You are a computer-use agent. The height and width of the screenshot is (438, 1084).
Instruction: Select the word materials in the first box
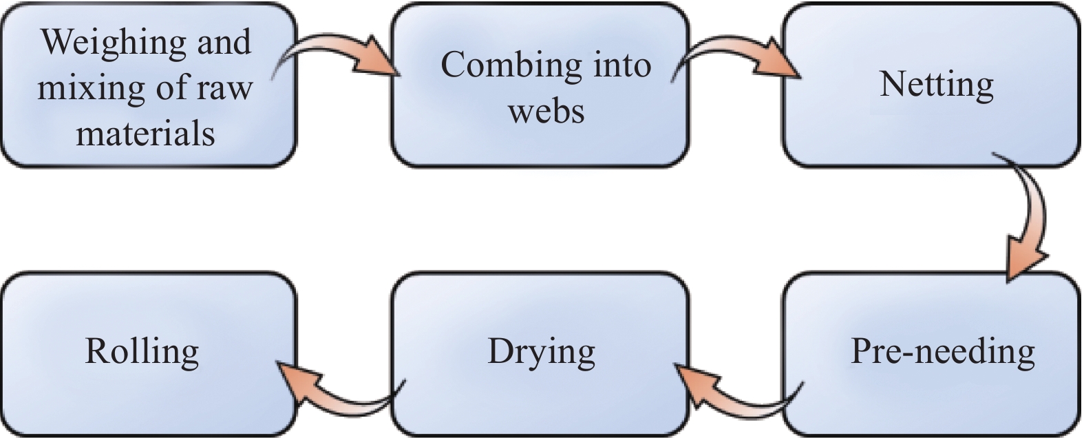pos(145,132)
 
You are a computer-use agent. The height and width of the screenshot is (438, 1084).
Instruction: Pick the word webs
pos(546,110)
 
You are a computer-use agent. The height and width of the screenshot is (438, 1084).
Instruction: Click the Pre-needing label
pos(942,352)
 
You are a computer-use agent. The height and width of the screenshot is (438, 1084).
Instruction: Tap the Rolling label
pos(142,352)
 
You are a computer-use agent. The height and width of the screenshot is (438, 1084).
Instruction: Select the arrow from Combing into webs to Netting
pos(736,54)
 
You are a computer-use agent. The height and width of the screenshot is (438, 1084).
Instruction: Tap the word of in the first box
pos(162,87)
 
